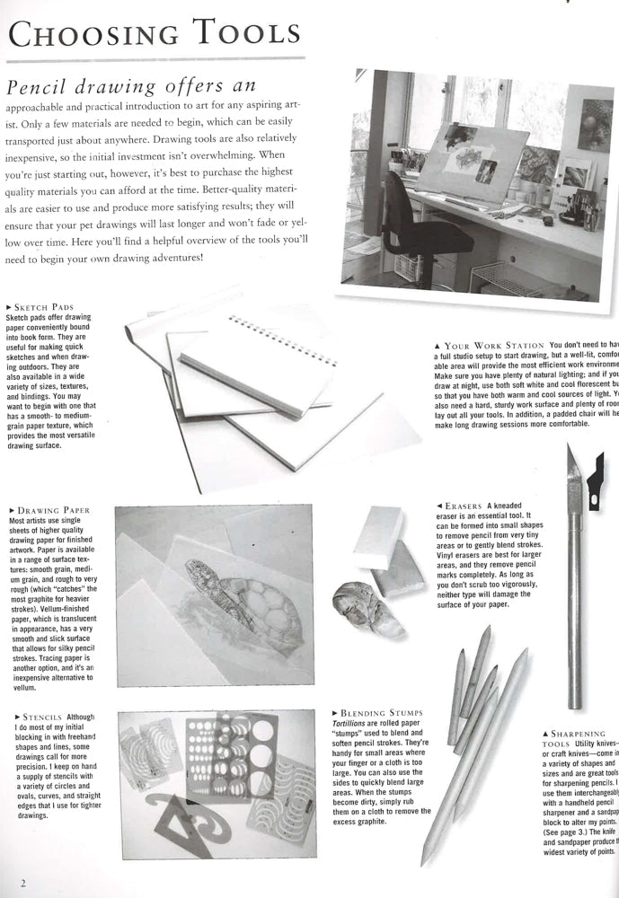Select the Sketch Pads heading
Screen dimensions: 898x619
[x=45, y=307]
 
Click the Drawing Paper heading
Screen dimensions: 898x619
[x=52, y=510]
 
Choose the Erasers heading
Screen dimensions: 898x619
[x=466, y=505]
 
